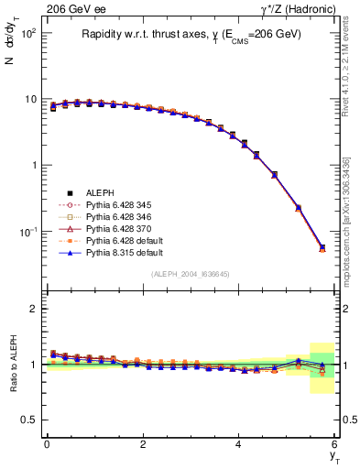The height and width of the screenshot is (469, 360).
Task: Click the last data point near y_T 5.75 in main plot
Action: point(322,247)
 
